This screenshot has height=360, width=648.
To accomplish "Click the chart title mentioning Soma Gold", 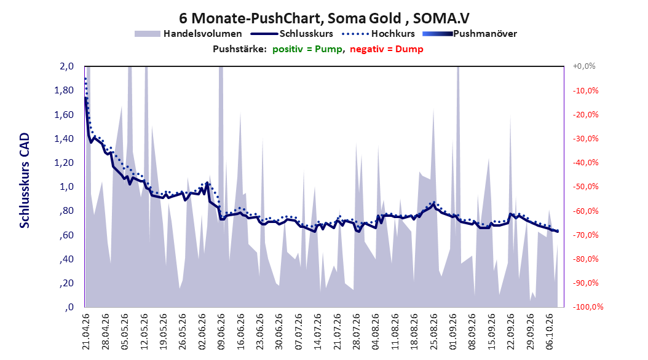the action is coord(324,18).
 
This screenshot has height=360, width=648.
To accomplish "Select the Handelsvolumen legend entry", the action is coord(189,34).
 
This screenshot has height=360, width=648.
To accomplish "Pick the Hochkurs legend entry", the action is coord(379,34).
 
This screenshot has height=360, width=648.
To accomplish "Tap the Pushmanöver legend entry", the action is coord(470,34).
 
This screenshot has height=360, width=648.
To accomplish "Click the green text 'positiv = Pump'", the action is coord(307,49).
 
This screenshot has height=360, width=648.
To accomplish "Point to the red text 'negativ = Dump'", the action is coord(387,49).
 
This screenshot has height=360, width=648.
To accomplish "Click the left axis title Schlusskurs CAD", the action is coord(25,181).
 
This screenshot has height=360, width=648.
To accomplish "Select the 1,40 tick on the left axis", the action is coord(64,139).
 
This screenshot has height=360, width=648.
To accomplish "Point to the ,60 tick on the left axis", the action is coord(66,235).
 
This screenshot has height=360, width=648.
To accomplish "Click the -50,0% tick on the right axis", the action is coord(585,187).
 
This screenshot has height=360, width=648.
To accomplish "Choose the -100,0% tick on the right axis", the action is coord(588,307).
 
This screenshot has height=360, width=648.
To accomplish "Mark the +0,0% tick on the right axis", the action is coord(584,66).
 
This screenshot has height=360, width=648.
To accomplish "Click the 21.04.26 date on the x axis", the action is coord(85,332).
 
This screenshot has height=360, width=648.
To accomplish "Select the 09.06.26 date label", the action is coord(221,332).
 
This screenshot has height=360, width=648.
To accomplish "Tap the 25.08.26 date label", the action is coord(433,332).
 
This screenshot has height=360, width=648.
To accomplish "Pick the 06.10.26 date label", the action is coord(550,332).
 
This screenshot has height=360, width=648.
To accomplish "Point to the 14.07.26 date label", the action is coord(318,332).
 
